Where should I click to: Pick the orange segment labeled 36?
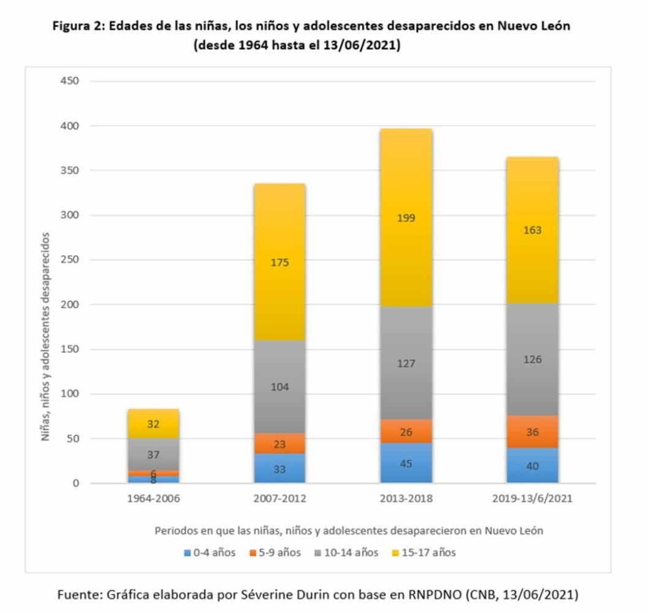[532, 432]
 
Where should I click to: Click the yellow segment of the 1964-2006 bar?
[153, 424]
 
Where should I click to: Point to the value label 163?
[532, 230]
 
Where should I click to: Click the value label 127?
[406, 364]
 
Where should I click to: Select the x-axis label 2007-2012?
[280, 499]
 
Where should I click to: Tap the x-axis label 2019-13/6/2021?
[532, 499]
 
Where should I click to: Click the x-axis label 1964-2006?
[153, 499]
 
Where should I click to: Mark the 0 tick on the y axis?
[76, 484]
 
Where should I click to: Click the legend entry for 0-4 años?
[210, 553]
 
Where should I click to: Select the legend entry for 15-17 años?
[423, 553]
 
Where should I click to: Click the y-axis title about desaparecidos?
[46, 337]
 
